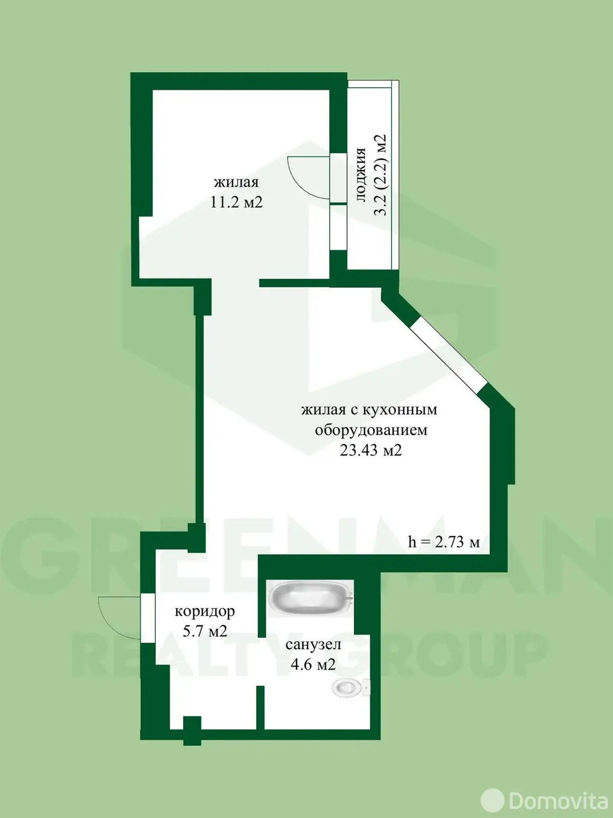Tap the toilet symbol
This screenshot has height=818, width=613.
pos(350,687)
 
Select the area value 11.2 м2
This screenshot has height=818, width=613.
pos(236,202)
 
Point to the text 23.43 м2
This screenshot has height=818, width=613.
pos(371,450)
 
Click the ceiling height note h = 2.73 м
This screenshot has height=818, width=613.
pos(444,542)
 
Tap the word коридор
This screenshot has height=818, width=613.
pos(205,611)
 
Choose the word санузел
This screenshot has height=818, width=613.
pos(313,644)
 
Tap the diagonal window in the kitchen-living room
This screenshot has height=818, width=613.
pos(449,355)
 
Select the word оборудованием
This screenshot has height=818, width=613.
pos(371,430)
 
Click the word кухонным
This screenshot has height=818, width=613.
pos(400,410)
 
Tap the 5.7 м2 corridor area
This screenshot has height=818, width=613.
pos(205,631)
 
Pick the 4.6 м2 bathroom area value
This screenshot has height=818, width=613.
pos(313,665)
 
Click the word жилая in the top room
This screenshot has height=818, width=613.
pos(236,182)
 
